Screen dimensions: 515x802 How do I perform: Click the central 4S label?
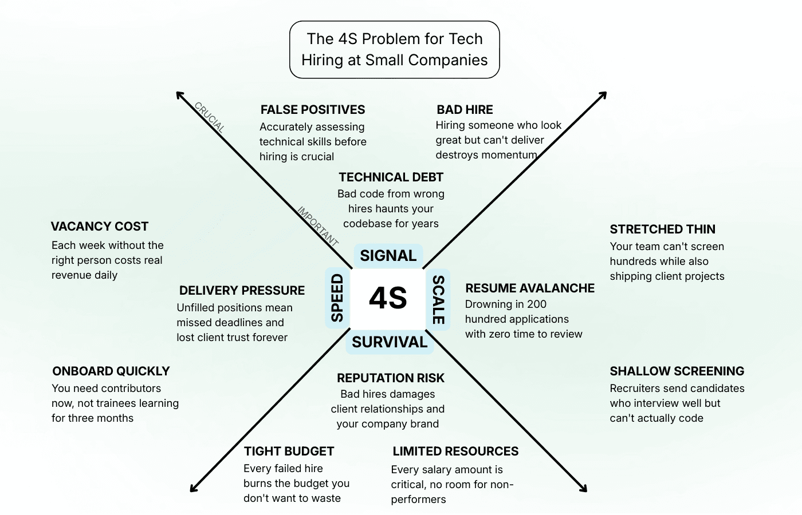[388, 298]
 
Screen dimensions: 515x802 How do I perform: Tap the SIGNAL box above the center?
[388, 256]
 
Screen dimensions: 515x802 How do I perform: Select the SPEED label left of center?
[337, 298]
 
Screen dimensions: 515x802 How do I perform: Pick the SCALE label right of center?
[438, 299]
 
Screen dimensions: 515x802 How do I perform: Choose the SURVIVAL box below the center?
[390, 342]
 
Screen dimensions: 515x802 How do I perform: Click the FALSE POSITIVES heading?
[312, 110]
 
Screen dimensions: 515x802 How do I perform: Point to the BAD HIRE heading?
[465, 110]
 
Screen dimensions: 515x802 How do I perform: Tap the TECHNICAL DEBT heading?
[391, 177]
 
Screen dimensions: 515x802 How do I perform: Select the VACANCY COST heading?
[99, 227]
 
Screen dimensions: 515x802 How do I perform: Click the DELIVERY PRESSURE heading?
[242, 291]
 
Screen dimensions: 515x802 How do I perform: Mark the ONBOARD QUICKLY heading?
[111, 371]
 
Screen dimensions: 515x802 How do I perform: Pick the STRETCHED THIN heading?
[662, 229]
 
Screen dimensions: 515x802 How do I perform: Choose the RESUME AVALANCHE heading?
[530, 288]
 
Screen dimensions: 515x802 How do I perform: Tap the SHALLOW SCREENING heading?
[677, 371]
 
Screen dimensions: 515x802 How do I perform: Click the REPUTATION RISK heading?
[391, 378]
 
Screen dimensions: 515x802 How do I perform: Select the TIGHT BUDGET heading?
[289, 451]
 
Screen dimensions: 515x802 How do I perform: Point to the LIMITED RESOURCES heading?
[455, 451]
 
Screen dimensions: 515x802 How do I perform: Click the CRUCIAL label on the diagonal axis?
[210, 117]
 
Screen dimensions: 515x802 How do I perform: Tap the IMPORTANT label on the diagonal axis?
[318, 225]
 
